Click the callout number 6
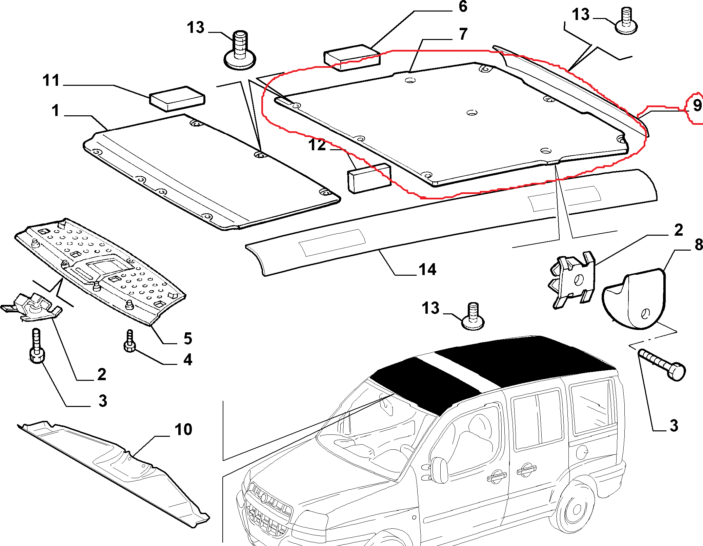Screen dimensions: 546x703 click(463, 7)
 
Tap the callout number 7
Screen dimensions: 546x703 click(463, 34)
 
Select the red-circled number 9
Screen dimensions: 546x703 click(697, 105)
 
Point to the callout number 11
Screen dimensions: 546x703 click(51, 81)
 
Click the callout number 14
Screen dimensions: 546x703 click(427, 270)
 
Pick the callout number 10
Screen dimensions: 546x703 click(183, 430)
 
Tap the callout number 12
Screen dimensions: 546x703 click(317, 145)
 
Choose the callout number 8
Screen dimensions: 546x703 click(698, 245)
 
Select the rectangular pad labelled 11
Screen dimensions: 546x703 click(177, 98)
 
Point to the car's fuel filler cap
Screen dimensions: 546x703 click(582, 451)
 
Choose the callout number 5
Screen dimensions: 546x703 click(188, 338)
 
